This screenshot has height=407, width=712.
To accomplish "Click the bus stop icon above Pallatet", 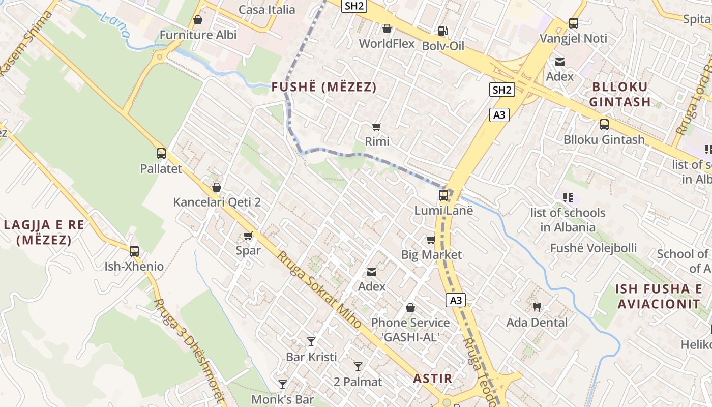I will click(161, 153).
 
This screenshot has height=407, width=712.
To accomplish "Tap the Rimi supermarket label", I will click(377, 141).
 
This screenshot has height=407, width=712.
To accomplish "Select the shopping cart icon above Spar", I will click(248, 236).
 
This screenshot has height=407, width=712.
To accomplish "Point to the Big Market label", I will click(431, 254).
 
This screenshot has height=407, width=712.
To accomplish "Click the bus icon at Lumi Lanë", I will click(443, 195).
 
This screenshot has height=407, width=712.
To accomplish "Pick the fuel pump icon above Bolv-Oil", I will click(443, 31).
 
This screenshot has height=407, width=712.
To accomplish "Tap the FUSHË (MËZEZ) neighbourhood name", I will click(324, 87).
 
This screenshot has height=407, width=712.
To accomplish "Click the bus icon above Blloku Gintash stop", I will click(604, 124).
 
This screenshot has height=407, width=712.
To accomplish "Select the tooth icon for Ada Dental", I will click(537, 307).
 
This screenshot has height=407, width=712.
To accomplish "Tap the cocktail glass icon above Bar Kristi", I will click(311, 341).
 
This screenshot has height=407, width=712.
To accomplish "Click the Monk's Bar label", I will click(282, 399).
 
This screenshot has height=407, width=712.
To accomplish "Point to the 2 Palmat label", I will click(358, 382).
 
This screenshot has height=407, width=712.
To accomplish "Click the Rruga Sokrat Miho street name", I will click(318, 290).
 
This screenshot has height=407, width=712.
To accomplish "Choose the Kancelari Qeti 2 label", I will click(217, 202).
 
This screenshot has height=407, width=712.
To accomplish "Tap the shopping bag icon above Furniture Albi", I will click(198, 20).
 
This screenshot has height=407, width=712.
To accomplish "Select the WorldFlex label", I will click(387, 44).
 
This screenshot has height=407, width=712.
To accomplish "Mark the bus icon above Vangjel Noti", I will click(573, 23).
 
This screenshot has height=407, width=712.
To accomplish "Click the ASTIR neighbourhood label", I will click(432, 378).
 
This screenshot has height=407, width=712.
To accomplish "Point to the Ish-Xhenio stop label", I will click(134, 266).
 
